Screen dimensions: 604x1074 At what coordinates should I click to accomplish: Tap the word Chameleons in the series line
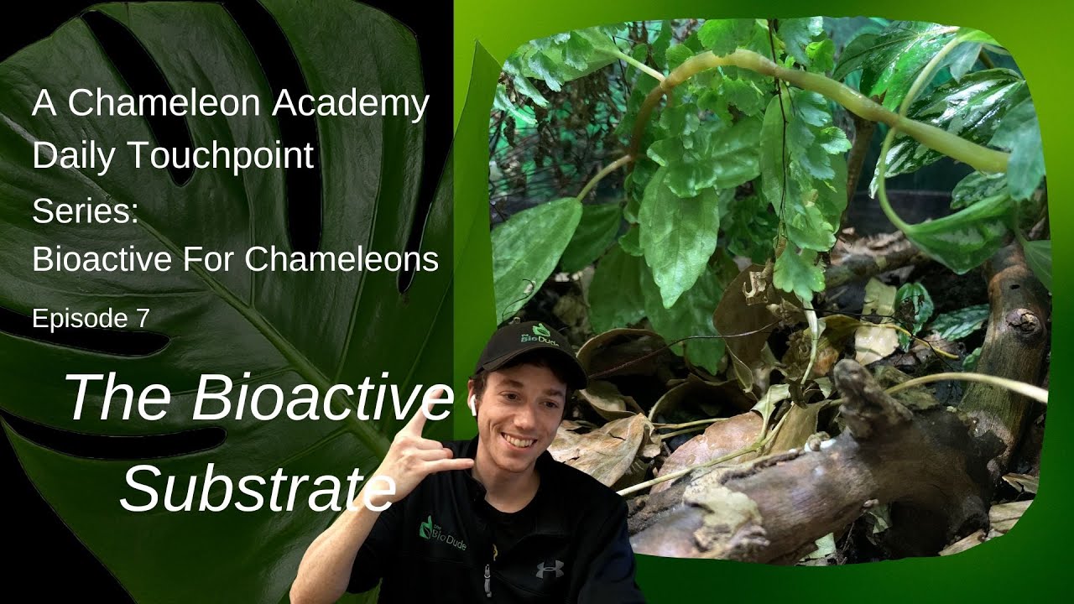[x=345, y=259]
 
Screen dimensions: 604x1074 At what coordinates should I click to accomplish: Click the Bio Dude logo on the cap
[x=532, y=337]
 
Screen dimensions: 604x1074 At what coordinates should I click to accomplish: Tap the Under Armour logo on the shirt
[x=550, y=570]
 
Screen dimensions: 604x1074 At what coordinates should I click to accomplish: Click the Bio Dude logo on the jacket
[x=442, y=533]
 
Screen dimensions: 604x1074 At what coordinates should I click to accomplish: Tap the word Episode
[x=81, y=319]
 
